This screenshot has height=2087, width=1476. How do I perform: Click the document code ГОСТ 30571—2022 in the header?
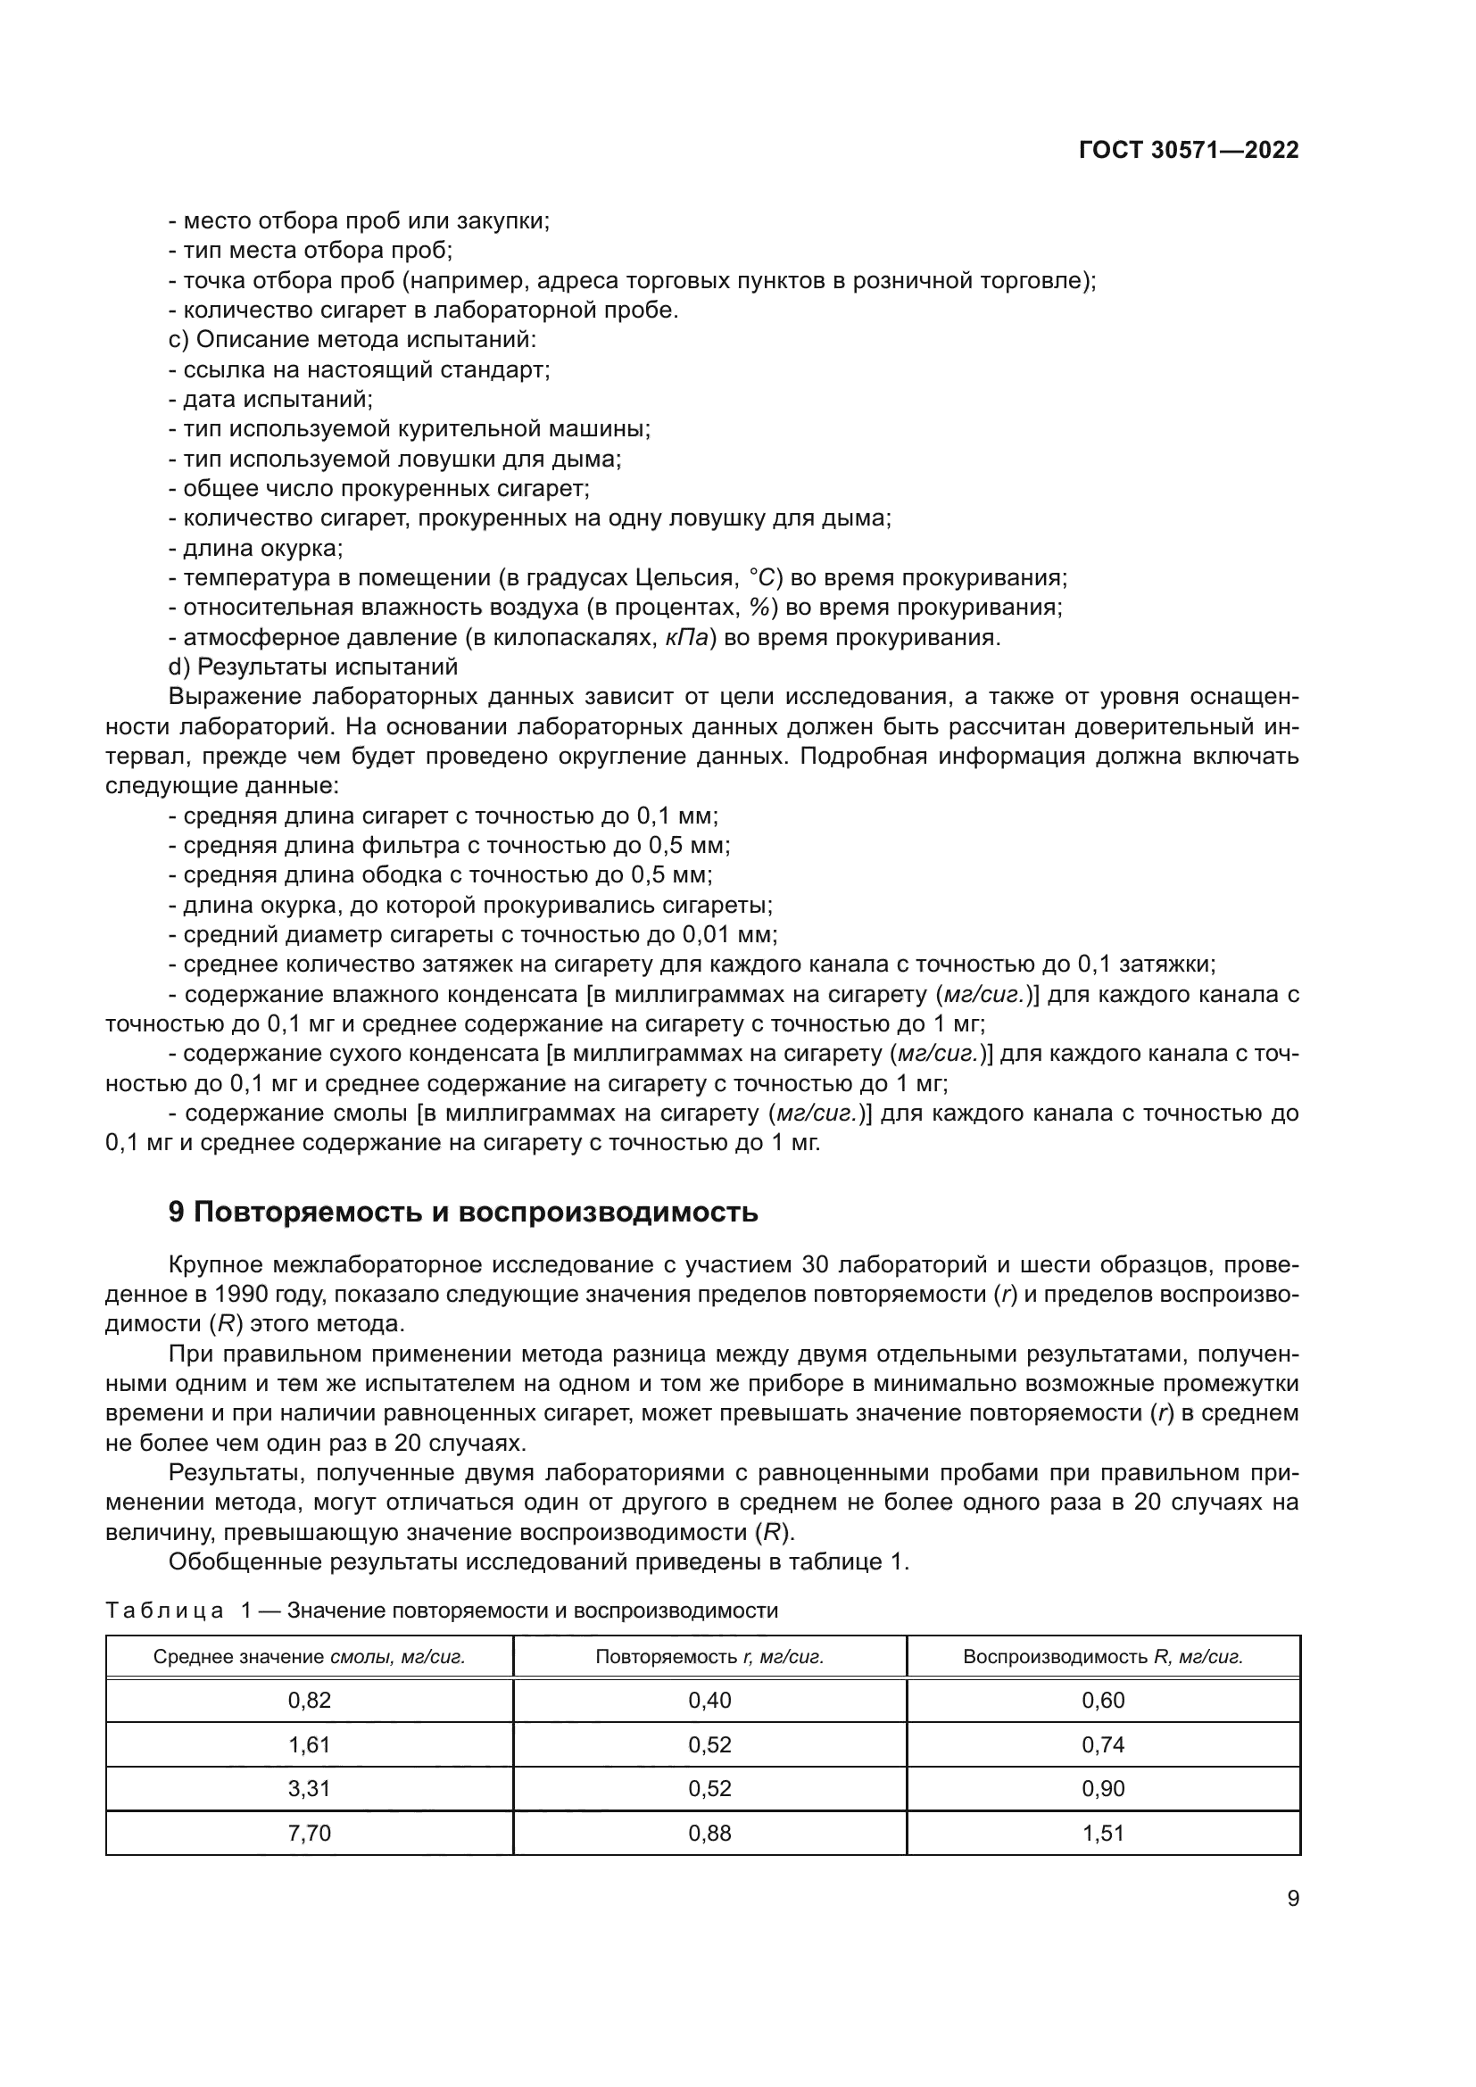click(1189, 151)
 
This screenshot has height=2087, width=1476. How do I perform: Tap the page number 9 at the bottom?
click(1293, 1899)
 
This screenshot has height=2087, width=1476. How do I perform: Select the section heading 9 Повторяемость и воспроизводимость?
click(463, 1213)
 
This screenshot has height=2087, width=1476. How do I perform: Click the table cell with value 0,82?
click(309, 1701)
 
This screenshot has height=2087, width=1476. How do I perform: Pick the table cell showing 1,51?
click(1103, 1833)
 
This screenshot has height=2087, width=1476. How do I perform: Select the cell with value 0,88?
click(709, 1833)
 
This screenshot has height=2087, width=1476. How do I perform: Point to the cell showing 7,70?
click(309, 1833)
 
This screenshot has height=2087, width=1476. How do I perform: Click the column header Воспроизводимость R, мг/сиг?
click(1102, 1656)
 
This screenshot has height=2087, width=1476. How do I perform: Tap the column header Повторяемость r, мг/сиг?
click(709, 1656)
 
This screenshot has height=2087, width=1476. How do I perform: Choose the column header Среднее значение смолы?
click(309, 1656)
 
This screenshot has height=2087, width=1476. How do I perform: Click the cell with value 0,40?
click(709, 1701)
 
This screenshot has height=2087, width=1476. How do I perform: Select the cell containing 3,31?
click(309, 1789)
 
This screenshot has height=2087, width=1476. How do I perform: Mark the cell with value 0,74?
click(1103, 1745)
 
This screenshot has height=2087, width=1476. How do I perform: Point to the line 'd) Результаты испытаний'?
click(312, 667)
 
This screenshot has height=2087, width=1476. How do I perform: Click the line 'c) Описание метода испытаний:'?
click(352, 340)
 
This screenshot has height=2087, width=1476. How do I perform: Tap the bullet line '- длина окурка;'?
click(255, 548)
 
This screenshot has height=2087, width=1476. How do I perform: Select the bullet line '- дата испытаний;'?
click(269, 399)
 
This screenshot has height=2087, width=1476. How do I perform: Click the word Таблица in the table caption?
click(164, 1611)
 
